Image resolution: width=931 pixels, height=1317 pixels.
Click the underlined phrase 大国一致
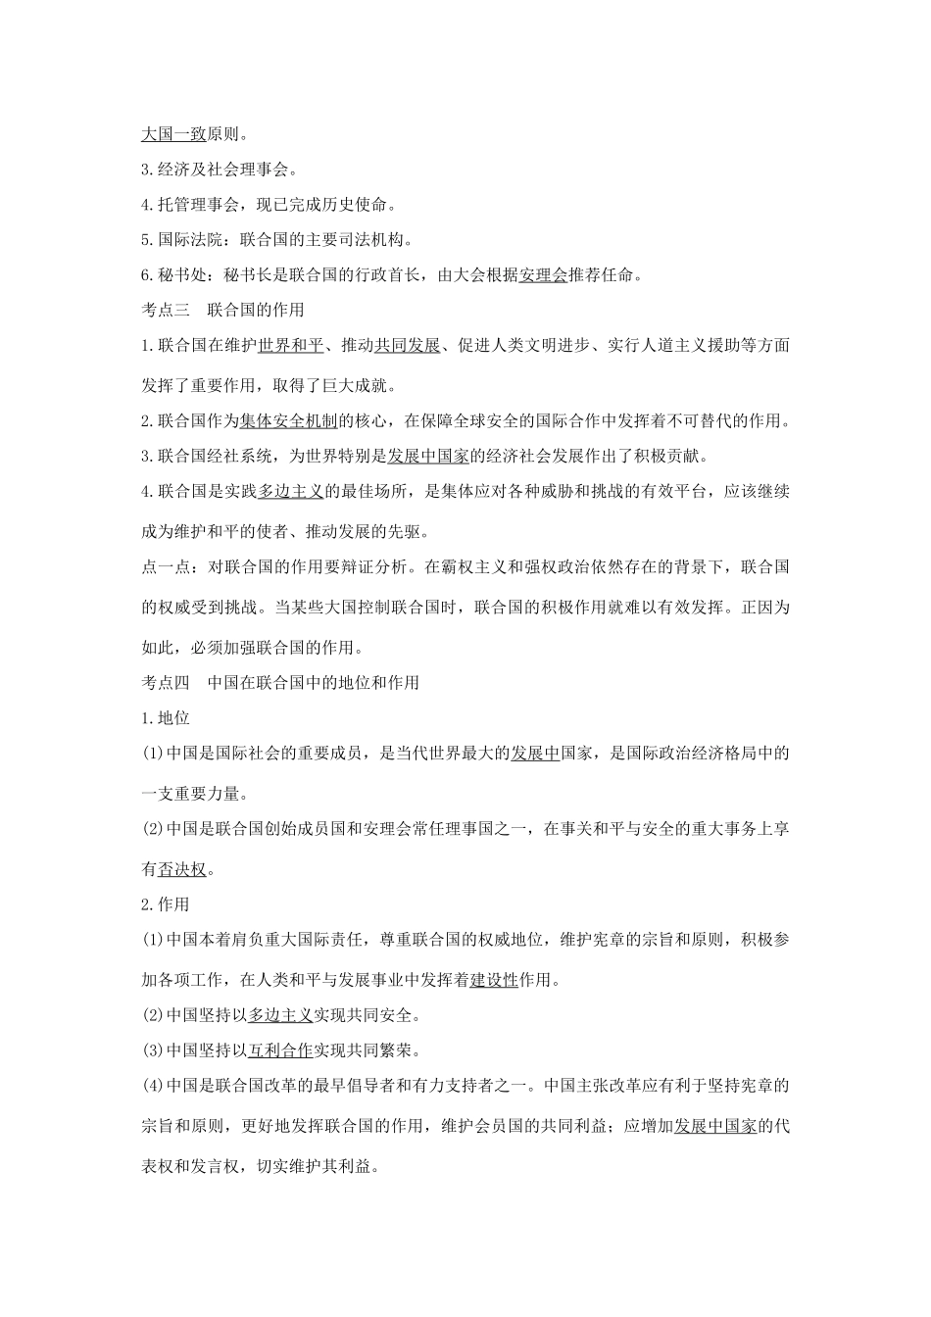coord(173,134)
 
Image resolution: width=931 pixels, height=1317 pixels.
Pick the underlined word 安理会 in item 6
coord(544,275)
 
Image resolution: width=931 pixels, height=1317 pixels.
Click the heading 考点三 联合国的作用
coord(223,310)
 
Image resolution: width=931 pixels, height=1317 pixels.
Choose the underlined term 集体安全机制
coord(289,421)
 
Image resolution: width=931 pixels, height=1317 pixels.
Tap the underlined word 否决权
coord(181,868)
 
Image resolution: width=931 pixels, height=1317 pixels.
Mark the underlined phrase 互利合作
coord(280,1050)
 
